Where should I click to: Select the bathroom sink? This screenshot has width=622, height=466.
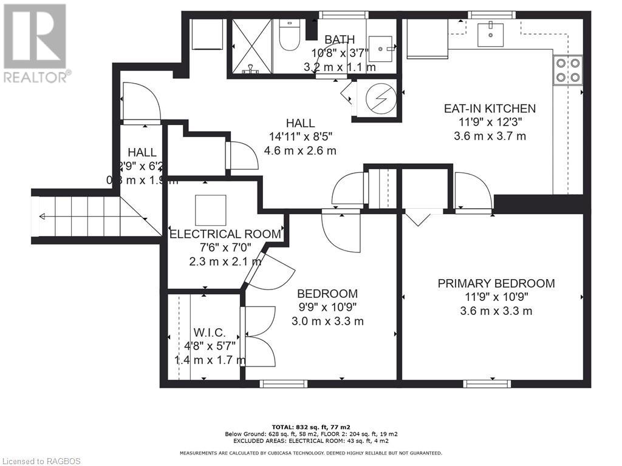382,44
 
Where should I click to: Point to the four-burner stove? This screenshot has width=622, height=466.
567,69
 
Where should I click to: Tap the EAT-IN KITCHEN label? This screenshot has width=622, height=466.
490,109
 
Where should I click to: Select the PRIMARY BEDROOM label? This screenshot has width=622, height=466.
496,283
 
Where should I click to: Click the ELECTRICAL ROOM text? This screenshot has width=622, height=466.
225,234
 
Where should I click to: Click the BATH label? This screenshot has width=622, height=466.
339,40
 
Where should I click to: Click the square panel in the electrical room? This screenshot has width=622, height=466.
210,210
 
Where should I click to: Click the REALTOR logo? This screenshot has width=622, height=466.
35,42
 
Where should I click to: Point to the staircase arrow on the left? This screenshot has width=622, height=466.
42,216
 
